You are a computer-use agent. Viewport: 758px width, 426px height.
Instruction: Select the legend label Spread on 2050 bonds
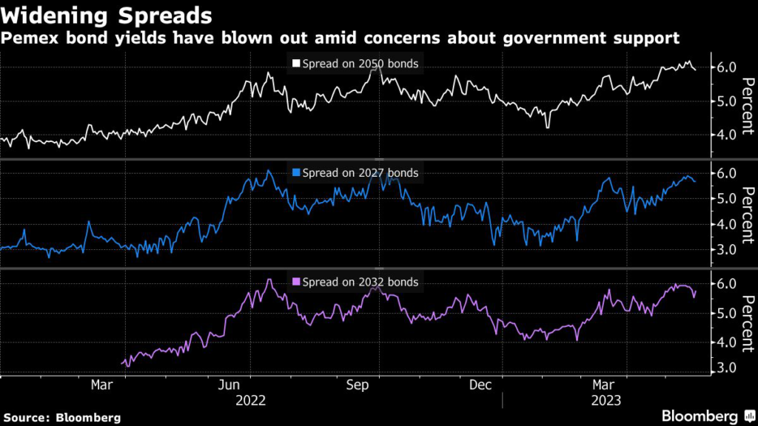[360, 64]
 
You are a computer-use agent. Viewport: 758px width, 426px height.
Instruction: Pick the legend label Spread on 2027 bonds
[360, 173]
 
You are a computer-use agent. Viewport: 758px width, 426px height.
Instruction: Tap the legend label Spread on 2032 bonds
[360, 282]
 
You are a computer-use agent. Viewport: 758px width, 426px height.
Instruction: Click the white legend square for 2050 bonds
[296, 64]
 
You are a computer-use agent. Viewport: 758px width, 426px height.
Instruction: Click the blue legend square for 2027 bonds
[296, 173]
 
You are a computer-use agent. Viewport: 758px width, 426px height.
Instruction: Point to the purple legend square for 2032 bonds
[296, 282]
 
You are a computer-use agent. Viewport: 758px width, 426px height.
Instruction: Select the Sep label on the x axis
[358, 385]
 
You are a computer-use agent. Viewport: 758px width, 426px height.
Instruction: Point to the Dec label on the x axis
[481, 385]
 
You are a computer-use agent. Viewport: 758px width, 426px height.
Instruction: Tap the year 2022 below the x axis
[251, 401]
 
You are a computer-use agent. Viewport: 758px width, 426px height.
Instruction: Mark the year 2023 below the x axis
[606, 401]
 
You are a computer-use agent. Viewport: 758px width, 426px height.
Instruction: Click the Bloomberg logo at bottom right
[701, 416]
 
